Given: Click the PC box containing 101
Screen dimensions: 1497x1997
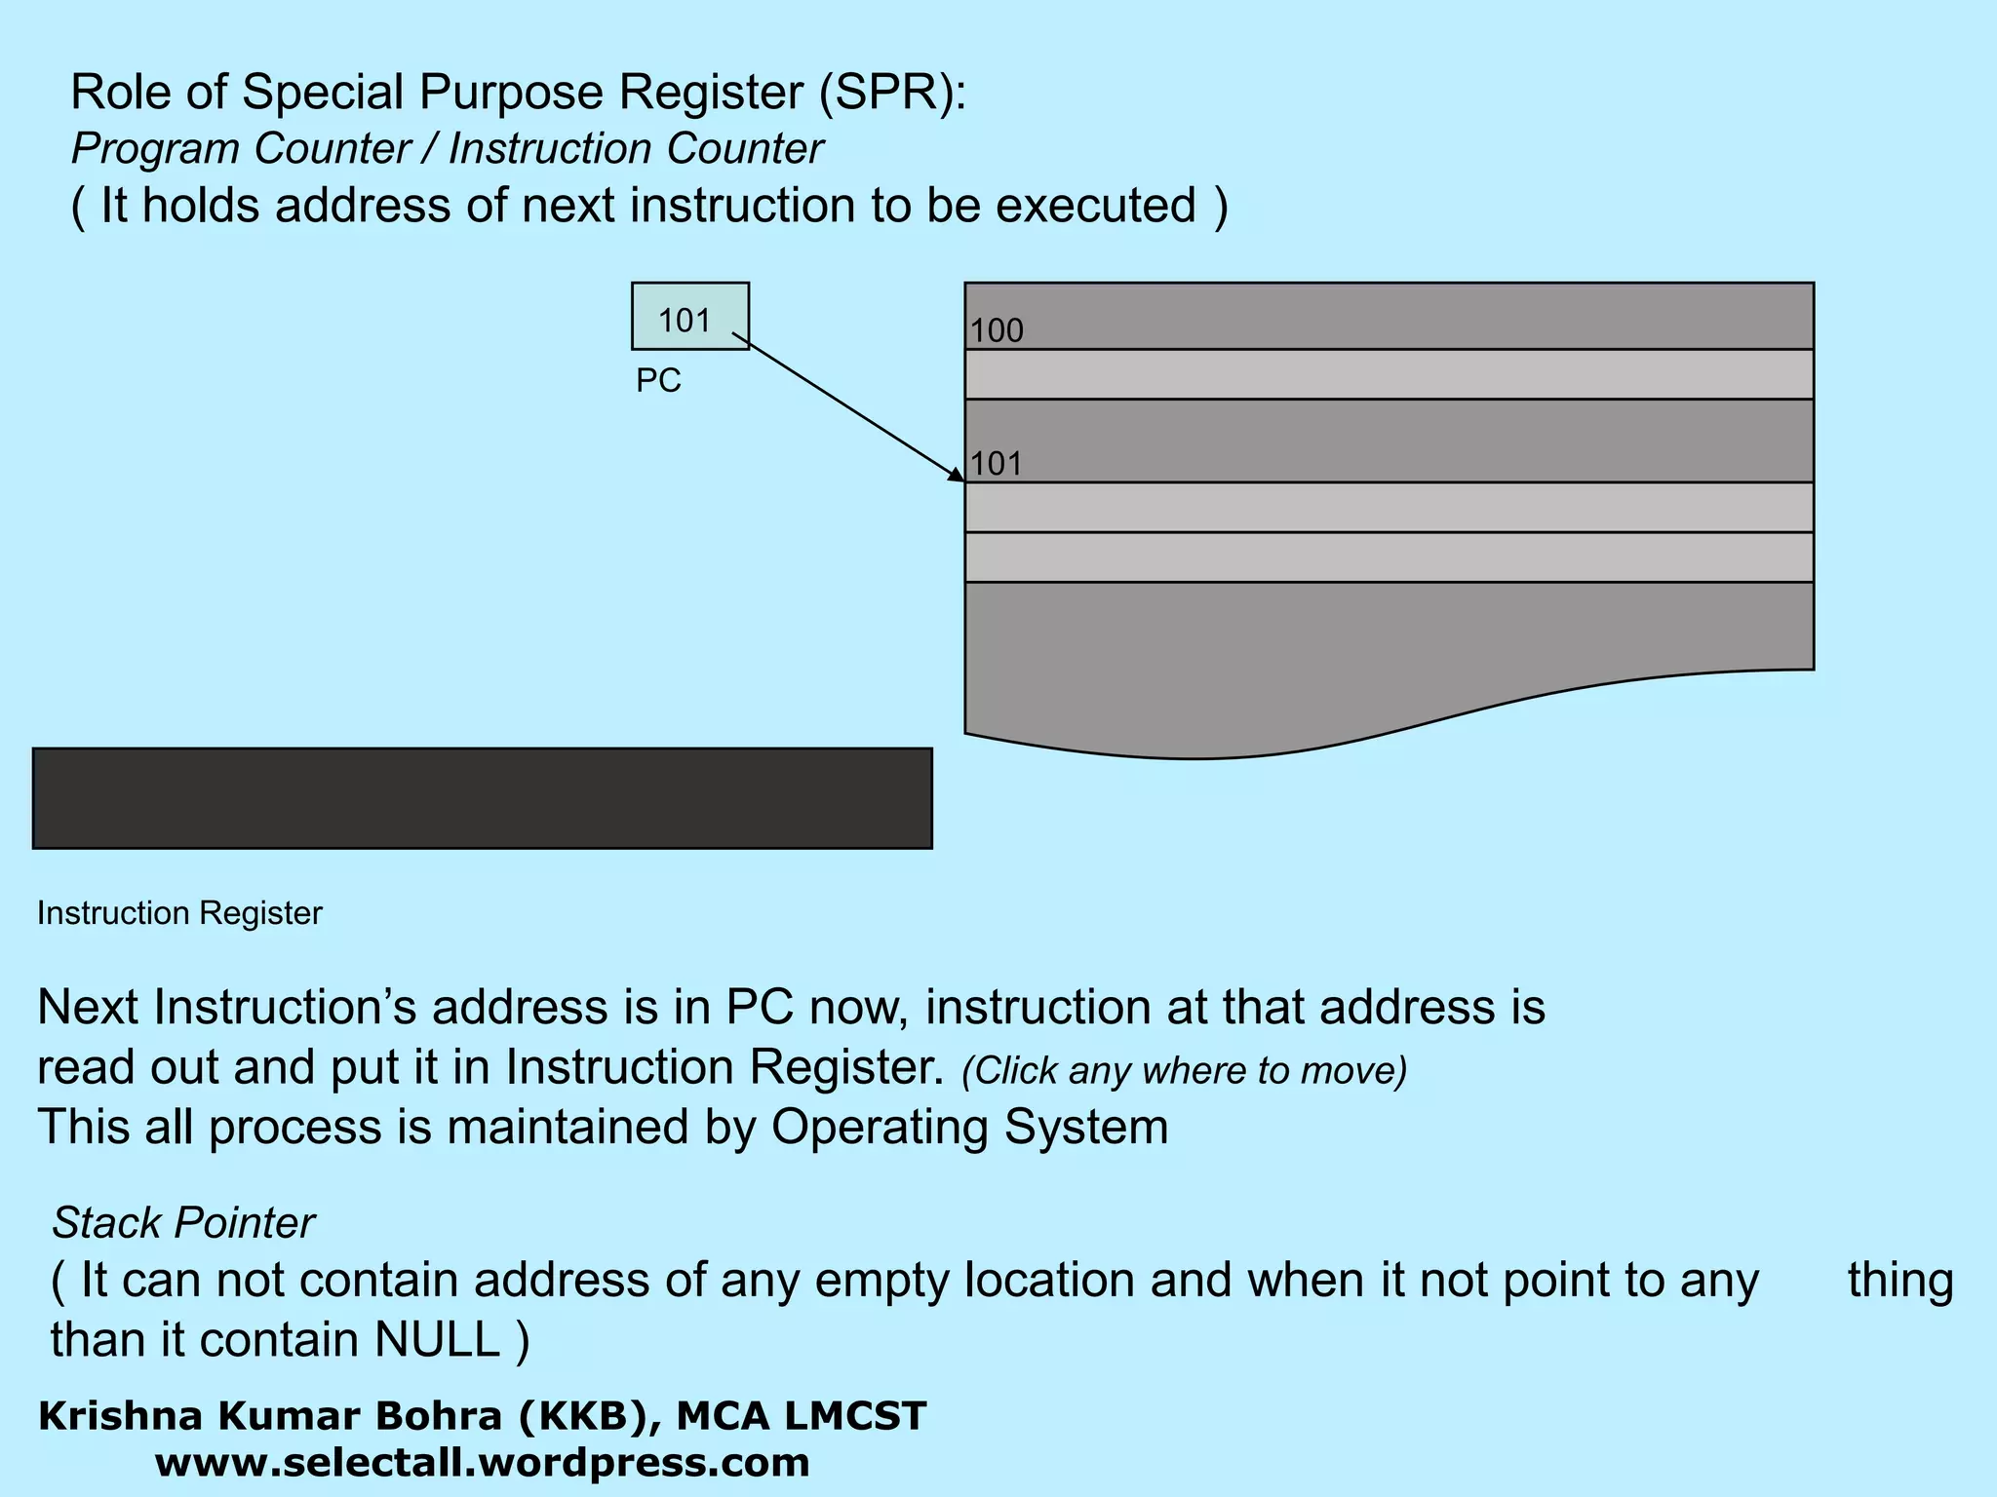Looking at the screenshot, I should pyautogui.click(x=689, y=316).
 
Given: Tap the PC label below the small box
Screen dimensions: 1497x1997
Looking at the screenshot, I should pyautogui.click(x=658, y=380).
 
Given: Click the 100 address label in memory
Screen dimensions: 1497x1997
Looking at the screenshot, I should pyautogui.click(x=997, y=330).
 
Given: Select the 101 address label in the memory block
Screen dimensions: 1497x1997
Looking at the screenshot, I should pyautogui.click(x=997, y=463).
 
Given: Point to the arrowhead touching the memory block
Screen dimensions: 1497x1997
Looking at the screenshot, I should pyautogui.click(x=958, y=476).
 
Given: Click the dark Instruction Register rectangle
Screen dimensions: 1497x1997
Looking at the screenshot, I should pyautogui.click(x=482, y=798).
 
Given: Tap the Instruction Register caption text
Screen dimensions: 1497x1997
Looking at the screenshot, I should pyautogui.click(x=179, y=913).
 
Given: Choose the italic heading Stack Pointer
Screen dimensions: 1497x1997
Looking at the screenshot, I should pyautogui.click(x=183, y=1222).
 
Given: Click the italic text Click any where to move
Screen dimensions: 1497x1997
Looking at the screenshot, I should pyautogui.click(x=1184, y=1070).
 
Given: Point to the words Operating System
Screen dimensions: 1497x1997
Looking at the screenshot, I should pyautogui.click(x=969, y=1127).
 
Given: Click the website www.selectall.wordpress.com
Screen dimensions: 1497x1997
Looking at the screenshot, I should pyautogui.click(x=482, y=1463).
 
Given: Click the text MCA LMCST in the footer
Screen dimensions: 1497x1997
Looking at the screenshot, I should pyautogui.click(x=801, y=1416).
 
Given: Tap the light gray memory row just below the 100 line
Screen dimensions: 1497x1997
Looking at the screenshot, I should pyautogui.click(x=1389, y=374).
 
